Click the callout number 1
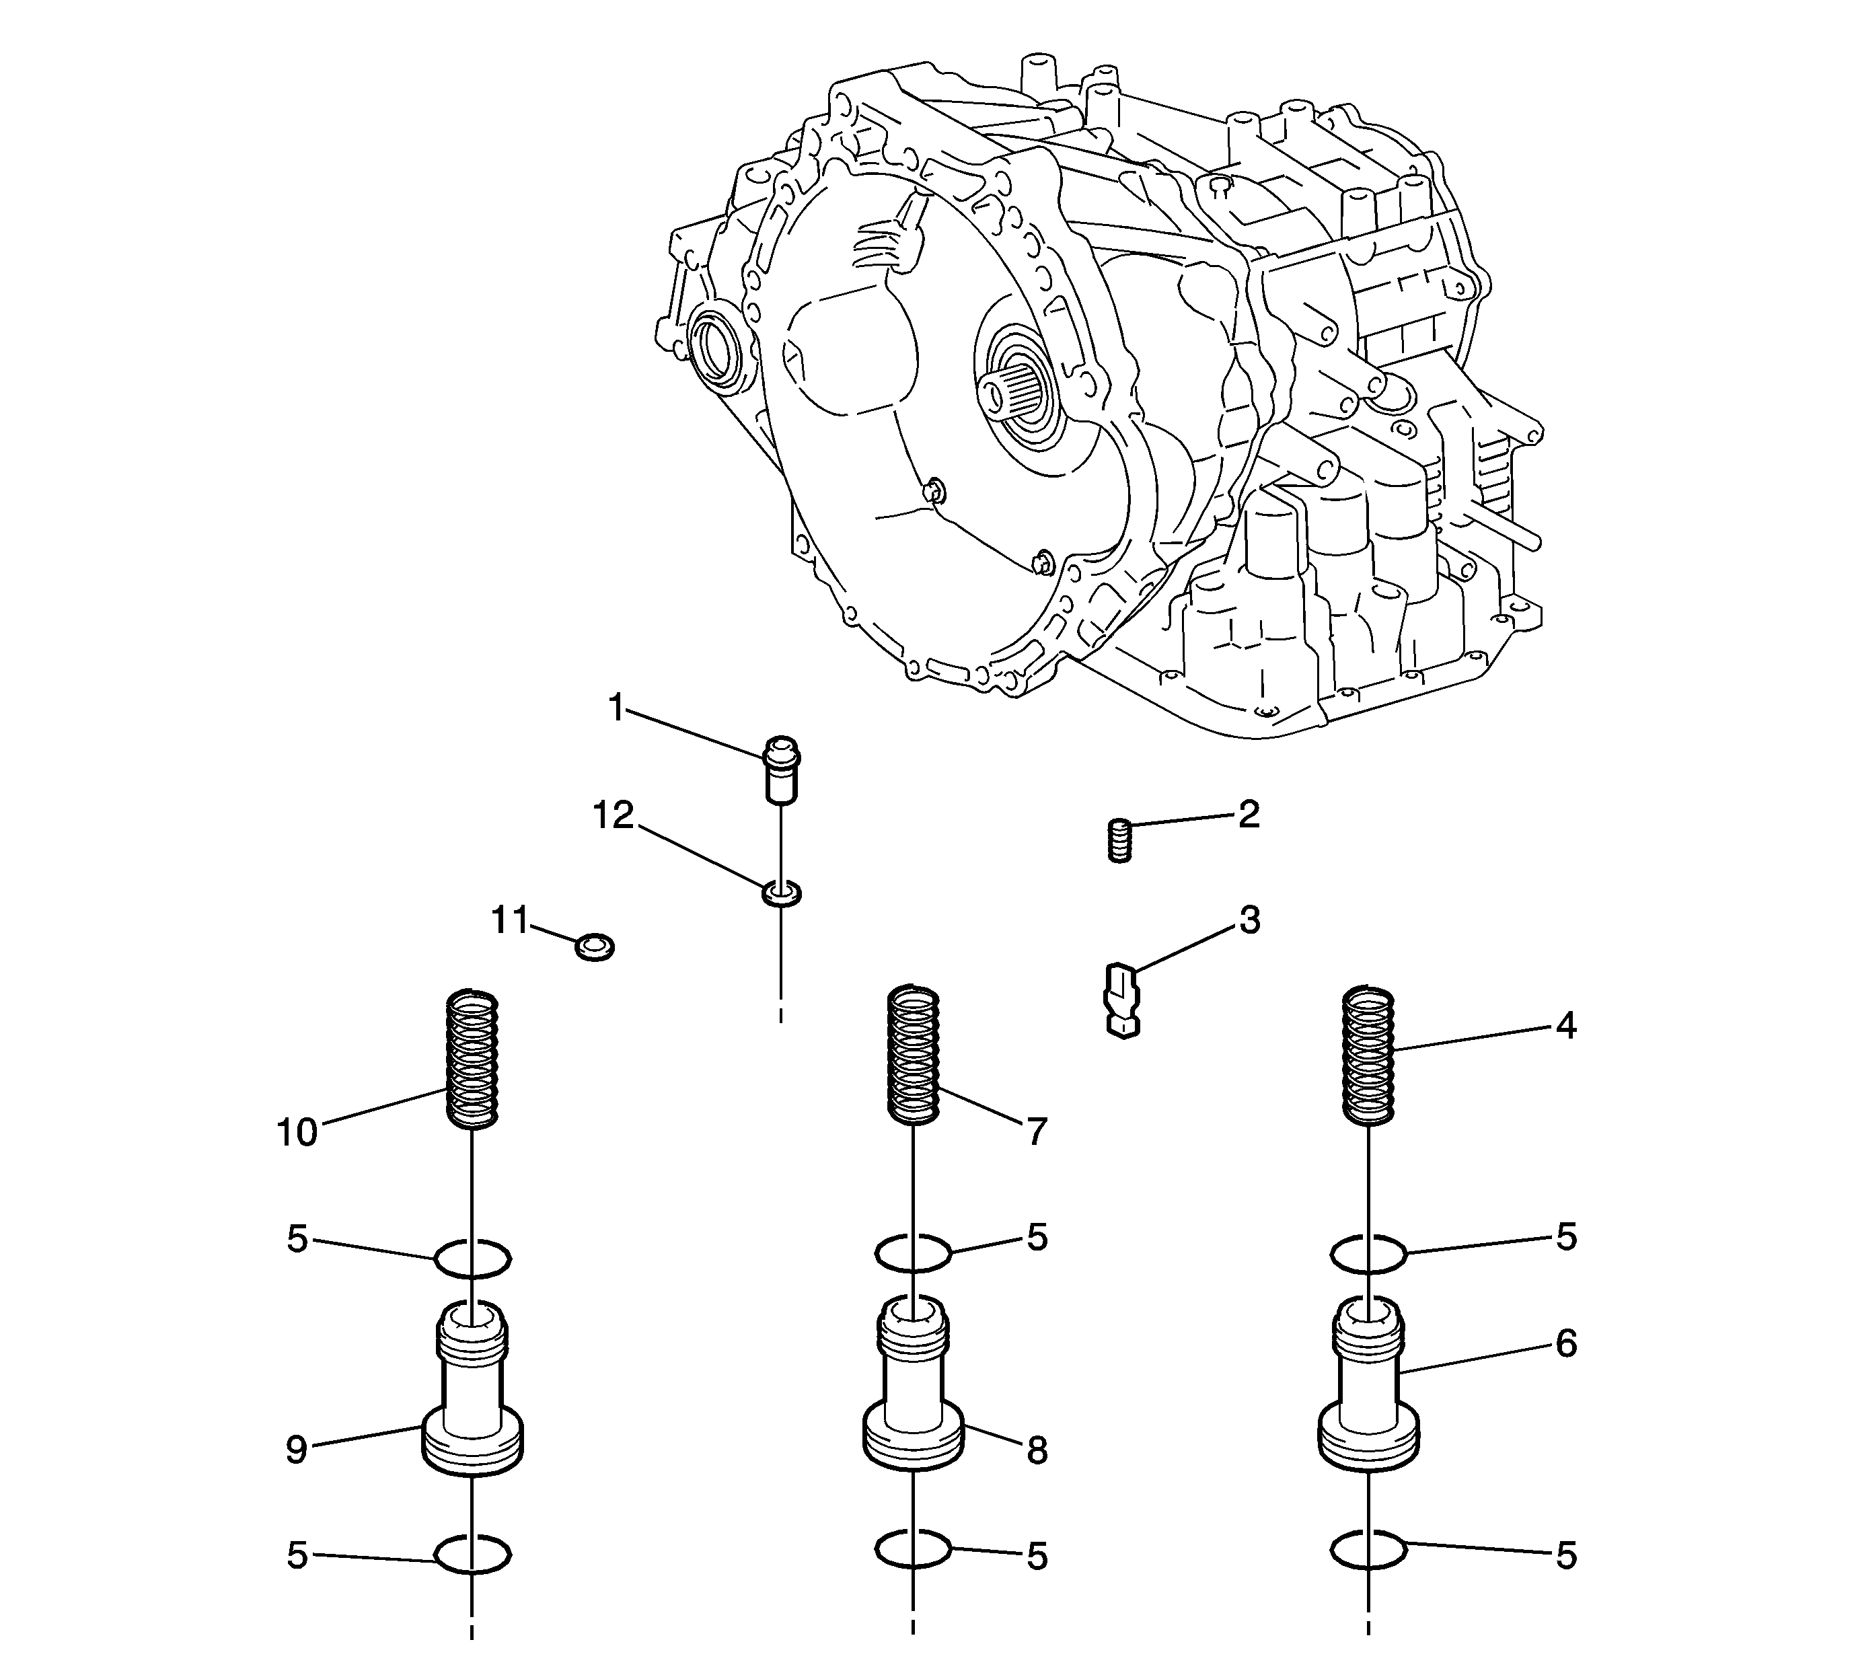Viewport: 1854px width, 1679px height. tap(616, 708)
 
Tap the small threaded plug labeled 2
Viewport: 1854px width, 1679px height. tap(1118, 839)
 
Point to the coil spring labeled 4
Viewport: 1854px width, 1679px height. tap(1368, 1055)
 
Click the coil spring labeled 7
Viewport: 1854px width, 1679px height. tap(912, 1055)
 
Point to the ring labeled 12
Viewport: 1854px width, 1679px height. tap(781, 892)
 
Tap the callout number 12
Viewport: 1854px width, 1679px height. tap(614, 815)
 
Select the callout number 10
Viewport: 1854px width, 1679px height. tap(297, 1133)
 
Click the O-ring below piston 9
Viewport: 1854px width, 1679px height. tap(472, 1555)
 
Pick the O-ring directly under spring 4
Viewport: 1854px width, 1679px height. tap(1368, 1253)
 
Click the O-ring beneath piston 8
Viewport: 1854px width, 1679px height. tap(912, 1549)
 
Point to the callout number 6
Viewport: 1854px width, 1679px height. tap(1566, 1343)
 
